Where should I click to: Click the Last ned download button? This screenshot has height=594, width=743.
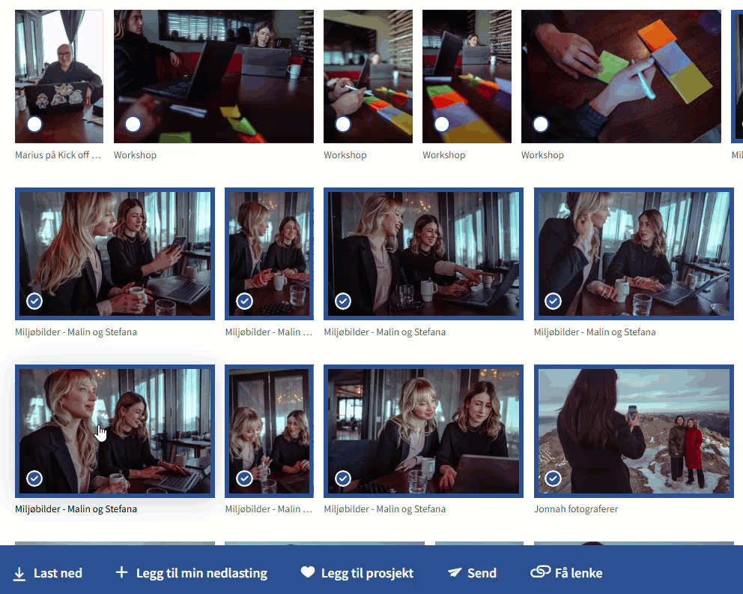click(x=47, y=573)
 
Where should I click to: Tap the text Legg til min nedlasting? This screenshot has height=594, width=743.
click(x=201, y=573)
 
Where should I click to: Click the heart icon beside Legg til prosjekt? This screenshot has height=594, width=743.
click(x=308, y=572)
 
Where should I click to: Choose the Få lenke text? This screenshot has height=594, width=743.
click(x=578, y=573)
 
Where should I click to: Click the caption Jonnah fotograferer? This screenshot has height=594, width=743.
click(x=576, y=509)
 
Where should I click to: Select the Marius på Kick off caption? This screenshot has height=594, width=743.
click(x=58, y=155)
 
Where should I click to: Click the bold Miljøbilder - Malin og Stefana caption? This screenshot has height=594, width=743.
click(x=76, y=509)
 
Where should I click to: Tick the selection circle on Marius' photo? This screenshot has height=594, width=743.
click(x=34, y=124)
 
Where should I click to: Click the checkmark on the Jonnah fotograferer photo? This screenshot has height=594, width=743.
click(x=553, y=478)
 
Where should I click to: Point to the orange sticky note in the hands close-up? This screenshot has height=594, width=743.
click(x=657, y=34)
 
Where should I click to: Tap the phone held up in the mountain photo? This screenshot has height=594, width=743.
click(x=632, y=412)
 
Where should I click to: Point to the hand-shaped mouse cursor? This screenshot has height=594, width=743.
click(x=101, y=433)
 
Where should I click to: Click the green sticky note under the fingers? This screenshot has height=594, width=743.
click(x=612, y=67)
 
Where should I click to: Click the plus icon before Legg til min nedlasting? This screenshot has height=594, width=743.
click(x=121, y=572)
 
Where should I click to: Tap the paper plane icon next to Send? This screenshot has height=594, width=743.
click(x=455, y=572)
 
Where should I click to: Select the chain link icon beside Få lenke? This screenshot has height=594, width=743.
click(x=541, y=572)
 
